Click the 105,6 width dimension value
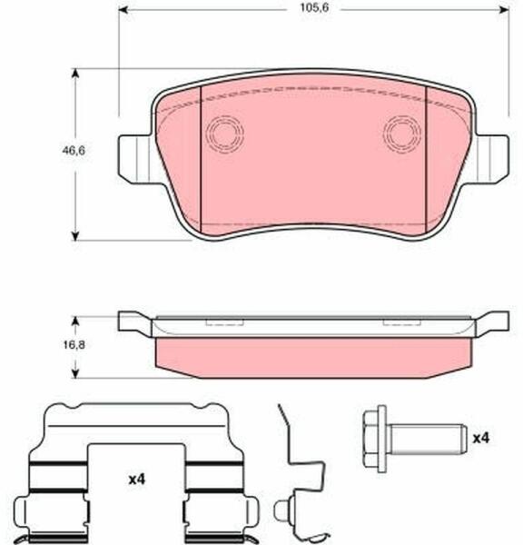click(x=314, y=8)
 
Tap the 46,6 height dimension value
click(x=74, y=151)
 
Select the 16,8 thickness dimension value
click(x=74, y=345)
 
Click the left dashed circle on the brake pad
click(x=224, y=134)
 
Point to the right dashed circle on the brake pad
click(x=402, y=134)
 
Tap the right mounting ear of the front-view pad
click(x=493, y=159)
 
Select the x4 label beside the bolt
click(x=481, y=439)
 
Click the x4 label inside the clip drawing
click(x=137, y=480)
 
